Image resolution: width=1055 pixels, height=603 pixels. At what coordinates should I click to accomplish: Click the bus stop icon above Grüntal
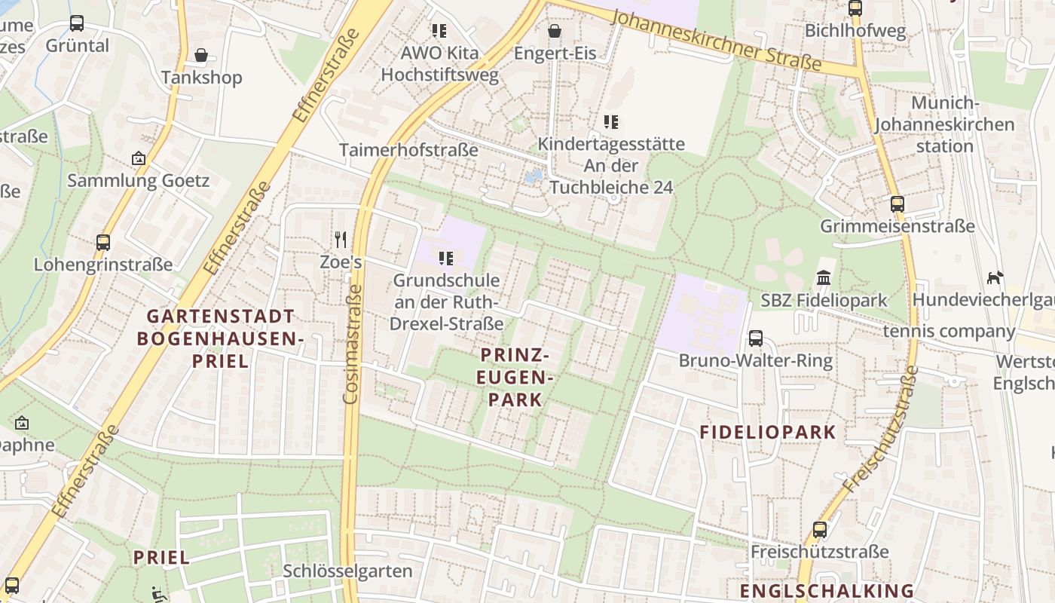point(77,23)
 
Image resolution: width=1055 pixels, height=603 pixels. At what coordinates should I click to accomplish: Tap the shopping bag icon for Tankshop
point(201,55)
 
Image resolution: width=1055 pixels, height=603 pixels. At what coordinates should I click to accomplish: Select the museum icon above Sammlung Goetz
point(138,158)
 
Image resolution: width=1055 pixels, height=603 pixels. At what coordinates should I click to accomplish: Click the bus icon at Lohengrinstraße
point(103,243)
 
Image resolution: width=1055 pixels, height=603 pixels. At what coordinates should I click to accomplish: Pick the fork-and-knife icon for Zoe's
point(341,240)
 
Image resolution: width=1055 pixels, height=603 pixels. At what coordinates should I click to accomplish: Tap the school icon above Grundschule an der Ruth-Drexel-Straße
point(446,259)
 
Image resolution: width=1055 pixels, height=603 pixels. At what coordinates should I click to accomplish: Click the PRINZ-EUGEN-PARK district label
point(515,377)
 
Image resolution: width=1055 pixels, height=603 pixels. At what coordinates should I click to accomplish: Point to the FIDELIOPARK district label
point(768,432)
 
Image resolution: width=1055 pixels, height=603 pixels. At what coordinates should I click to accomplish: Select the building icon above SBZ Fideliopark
point(824,278)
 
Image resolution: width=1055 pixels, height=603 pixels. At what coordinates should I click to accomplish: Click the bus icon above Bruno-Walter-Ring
point(756,338)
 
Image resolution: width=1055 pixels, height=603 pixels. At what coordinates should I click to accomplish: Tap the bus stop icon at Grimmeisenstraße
point(897,204)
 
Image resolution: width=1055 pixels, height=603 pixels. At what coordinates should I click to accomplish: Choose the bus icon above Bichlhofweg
point(855,8)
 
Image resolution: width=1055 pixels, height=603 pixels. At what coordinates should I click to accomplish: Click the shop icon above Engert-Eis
point(555,31)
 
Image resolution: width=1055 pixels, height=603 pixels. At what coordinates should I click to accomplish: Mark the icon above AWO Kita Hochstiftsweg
point(439,31)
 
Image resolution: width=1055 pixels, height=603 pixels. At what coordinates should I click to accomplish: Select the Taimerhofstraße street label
point(408,150)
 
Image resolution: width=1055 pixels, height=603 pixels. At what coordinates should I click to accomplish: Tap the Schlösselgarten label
point(347,571)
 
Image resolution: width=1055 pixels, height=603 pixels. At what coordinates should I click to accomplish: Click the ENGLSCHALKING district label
point(826,590)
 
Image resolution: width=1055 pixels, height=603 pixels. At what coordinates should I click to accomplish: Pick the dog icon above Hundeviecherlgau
point(995,277)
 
